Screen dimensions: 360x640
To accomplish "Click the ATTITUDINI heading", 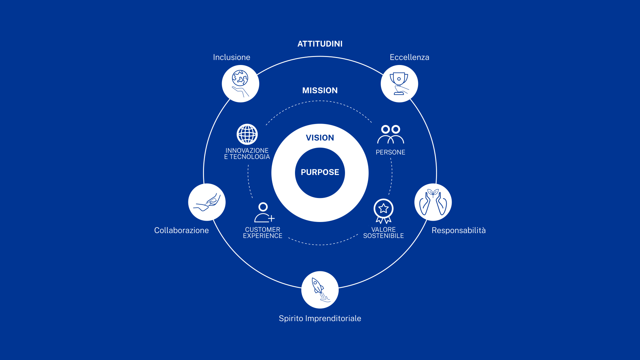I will click(320, 44).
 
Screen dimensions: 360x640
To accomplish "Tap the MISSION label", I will click(320, 91).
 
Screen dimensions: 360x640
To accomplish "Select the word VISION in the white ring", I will click(320, 138).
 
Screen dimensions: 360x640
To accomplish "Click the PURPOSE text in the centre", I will click(320, 172).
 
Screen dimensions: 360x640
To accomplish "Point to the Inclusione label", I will click(232, 57).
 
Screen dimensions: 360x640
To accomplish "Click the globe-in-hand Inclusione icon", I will click(240, 84).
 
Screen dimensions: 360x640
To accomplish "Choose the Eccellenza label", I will click(409, 57).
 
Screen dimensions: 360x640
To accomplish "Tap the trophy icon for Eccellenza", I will click(399, 84).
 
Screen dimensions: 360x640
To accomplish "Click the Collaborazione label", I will click(181, 230).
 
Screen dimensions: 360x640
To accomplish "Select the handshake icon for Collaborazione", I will click(207, 202).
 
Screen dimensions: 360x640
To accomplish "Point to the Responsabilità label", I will click(459, 230).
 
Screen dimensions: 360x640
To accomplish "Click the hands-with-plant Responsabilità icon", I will click(433, 202).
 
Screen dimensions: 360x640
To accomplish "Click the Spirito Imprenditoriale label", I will click(320, 318).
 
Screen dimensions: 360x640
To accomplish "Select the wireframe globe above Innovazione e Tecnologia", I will click(247, 134).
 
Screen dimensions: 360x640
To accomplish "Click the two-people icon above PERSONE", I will click(391, 135).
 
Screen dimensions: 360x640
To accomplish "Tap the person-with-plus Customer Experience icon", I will click(264, 213).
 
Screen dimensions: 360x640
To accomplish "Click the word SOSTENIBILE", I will click(383, 236).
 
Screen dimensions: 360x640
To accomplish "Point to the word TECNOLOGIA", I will click(250, 157).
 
